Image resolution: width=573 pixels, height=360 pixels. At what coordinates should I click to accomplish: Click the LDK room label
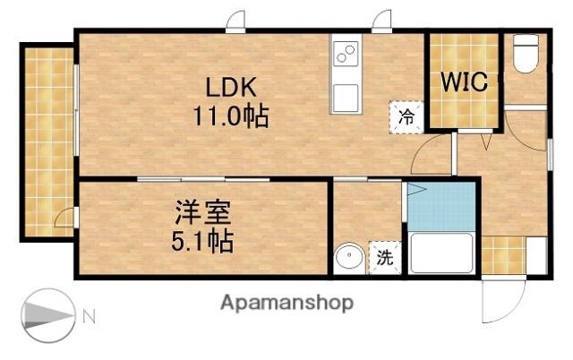[x=230, y=87]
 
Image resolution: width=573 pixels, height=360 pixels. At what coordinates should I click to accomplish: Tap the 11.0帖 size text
[x=231, y=116]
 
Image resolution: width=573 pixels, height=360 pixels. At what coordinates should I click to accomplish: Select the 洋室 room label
[x=203, y=213]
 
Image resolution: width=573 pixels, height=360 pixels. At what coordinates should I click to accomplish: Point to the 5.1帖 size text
[x=202, y=241]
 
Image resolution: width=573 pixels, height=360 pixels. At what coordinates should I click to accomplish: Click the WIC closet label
[x=464, y=81]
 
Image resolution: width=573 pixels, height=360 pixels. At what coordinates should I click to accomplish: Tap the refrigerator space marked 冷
[x=406, y=117]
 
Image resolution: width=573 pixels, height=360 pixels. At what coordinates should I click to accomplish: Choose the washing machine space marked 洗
[x=385, y=257]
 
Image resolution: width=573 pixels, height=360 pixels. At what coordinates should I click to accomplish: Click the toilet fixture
[x=526, y=54]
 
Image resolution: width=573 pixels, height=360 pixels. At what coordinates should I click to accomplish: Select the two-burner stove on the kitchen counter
[x=346, y=54]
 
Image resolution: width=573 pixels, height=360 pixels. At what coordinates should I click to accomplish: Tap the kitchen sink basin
[x=346, y=98]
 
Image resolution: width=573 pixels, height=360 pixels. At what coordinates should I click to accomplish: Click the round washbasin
[x=349, y=257]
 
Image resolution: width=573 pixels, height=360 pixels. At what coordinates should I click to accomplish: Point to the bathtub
[x=441, y=253]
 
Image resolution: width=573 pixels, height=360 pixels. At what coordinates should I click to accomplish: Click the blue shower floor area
[x=441, y=207]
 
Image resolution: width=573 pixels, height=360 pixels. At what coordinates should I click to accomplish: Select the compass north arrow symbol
[x=48, y=315]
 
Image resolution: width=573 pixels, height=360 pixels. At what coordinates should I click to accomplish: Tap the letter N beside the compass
[x=89, y=316]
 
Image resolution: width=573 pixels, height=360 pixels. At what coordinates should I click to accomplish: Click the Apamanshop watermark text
[x=286, y=303]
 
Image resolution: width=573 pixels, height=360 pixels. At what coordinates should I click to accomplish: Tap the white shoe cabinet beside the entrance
[x=536, y=255]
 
